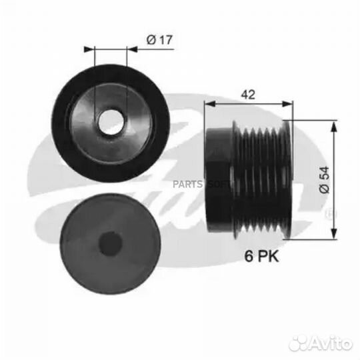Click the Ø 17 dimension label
tap(159, 39)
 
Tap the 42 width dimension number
tap(248, 94)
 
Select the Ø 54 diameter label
tap(325, 180)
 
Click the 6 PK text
tap(261, 256)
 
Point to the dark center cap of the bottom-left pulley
tap(110, 244)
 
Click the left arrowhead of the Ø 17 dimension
tap(89, 49)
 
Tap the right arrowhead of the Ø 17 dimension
tap(132, 49)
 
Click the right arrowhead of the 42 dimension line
tap(288, 103)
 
